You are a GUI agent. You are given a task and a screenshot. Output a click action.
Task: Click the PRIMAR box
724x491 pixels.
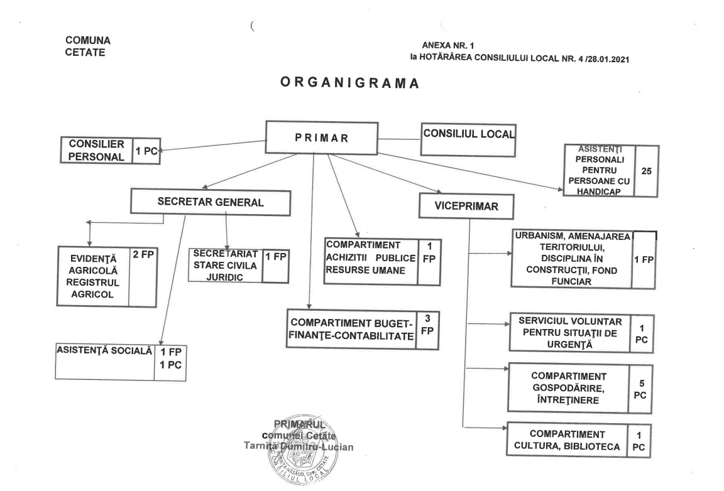(x=322, y=138)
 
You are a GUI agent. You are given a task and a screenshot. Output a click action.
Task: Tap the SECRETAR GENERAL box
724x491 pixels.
(x=211, y=202)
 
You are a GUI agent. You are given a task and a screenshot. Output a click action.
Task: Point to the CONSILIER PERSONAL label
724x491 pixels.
(x=96, y=150)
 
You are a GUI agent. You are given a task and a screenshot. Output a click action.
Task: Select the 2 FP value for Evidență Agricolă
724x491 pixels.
(x=142, y=256)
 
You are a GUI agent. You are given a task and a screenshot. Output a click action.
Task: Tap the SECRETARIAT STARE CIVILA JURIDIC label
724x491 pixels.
(x=225, y=264)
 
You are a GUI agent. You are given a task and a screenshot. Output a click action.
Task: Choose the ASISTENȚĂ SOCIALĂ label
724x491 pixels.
(x=104, y=351)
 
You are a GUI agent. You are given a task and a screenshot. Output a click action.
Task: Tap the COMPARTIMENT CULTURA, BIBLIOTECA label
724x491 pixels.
(x=566, y=440)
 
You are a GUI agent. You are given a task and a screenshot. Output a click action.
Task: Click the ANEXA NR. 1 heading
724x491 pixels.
(x=448, y=46)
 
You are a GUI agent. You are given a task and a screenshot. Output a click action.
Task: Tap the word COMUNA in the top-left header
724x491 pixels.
(x=87, y=40)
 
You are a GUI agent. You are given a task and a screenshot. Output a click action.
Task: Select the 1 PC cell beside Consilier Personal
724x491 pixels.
(x=146, y=151)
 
